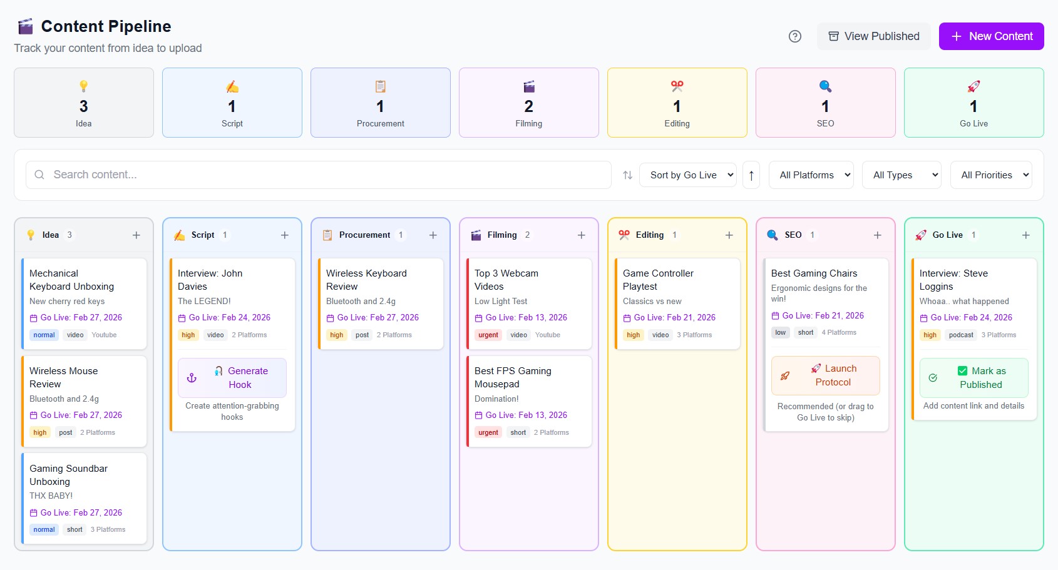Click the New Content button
[x=991, y=36]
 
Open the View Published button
[x=873, y=36]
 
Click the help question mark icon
[x=795, y=36]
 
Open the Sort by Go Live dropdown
[x=687, y=175]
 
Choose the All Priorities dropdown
[x=991, y=175]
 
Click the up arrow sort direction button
[x=751, y=175]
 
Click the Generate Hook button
[x=232, y=378]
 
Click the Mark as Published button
[x=973, y=378]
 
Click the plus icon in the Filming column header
[x=582, y=235]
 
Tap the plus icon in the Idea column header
[x=136, y=235]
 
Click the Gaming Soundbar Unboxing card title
[x=68, y=475]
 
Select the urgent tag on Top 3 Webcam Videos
[x=488, y=335]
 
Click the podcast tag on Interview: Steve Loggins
[x=961, y=335]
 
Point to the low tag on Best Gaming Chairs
[x=780, y=332]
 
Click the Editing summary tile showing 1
[x=677, y=103]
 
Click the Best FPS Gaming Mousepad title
[x=513, y=377]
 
